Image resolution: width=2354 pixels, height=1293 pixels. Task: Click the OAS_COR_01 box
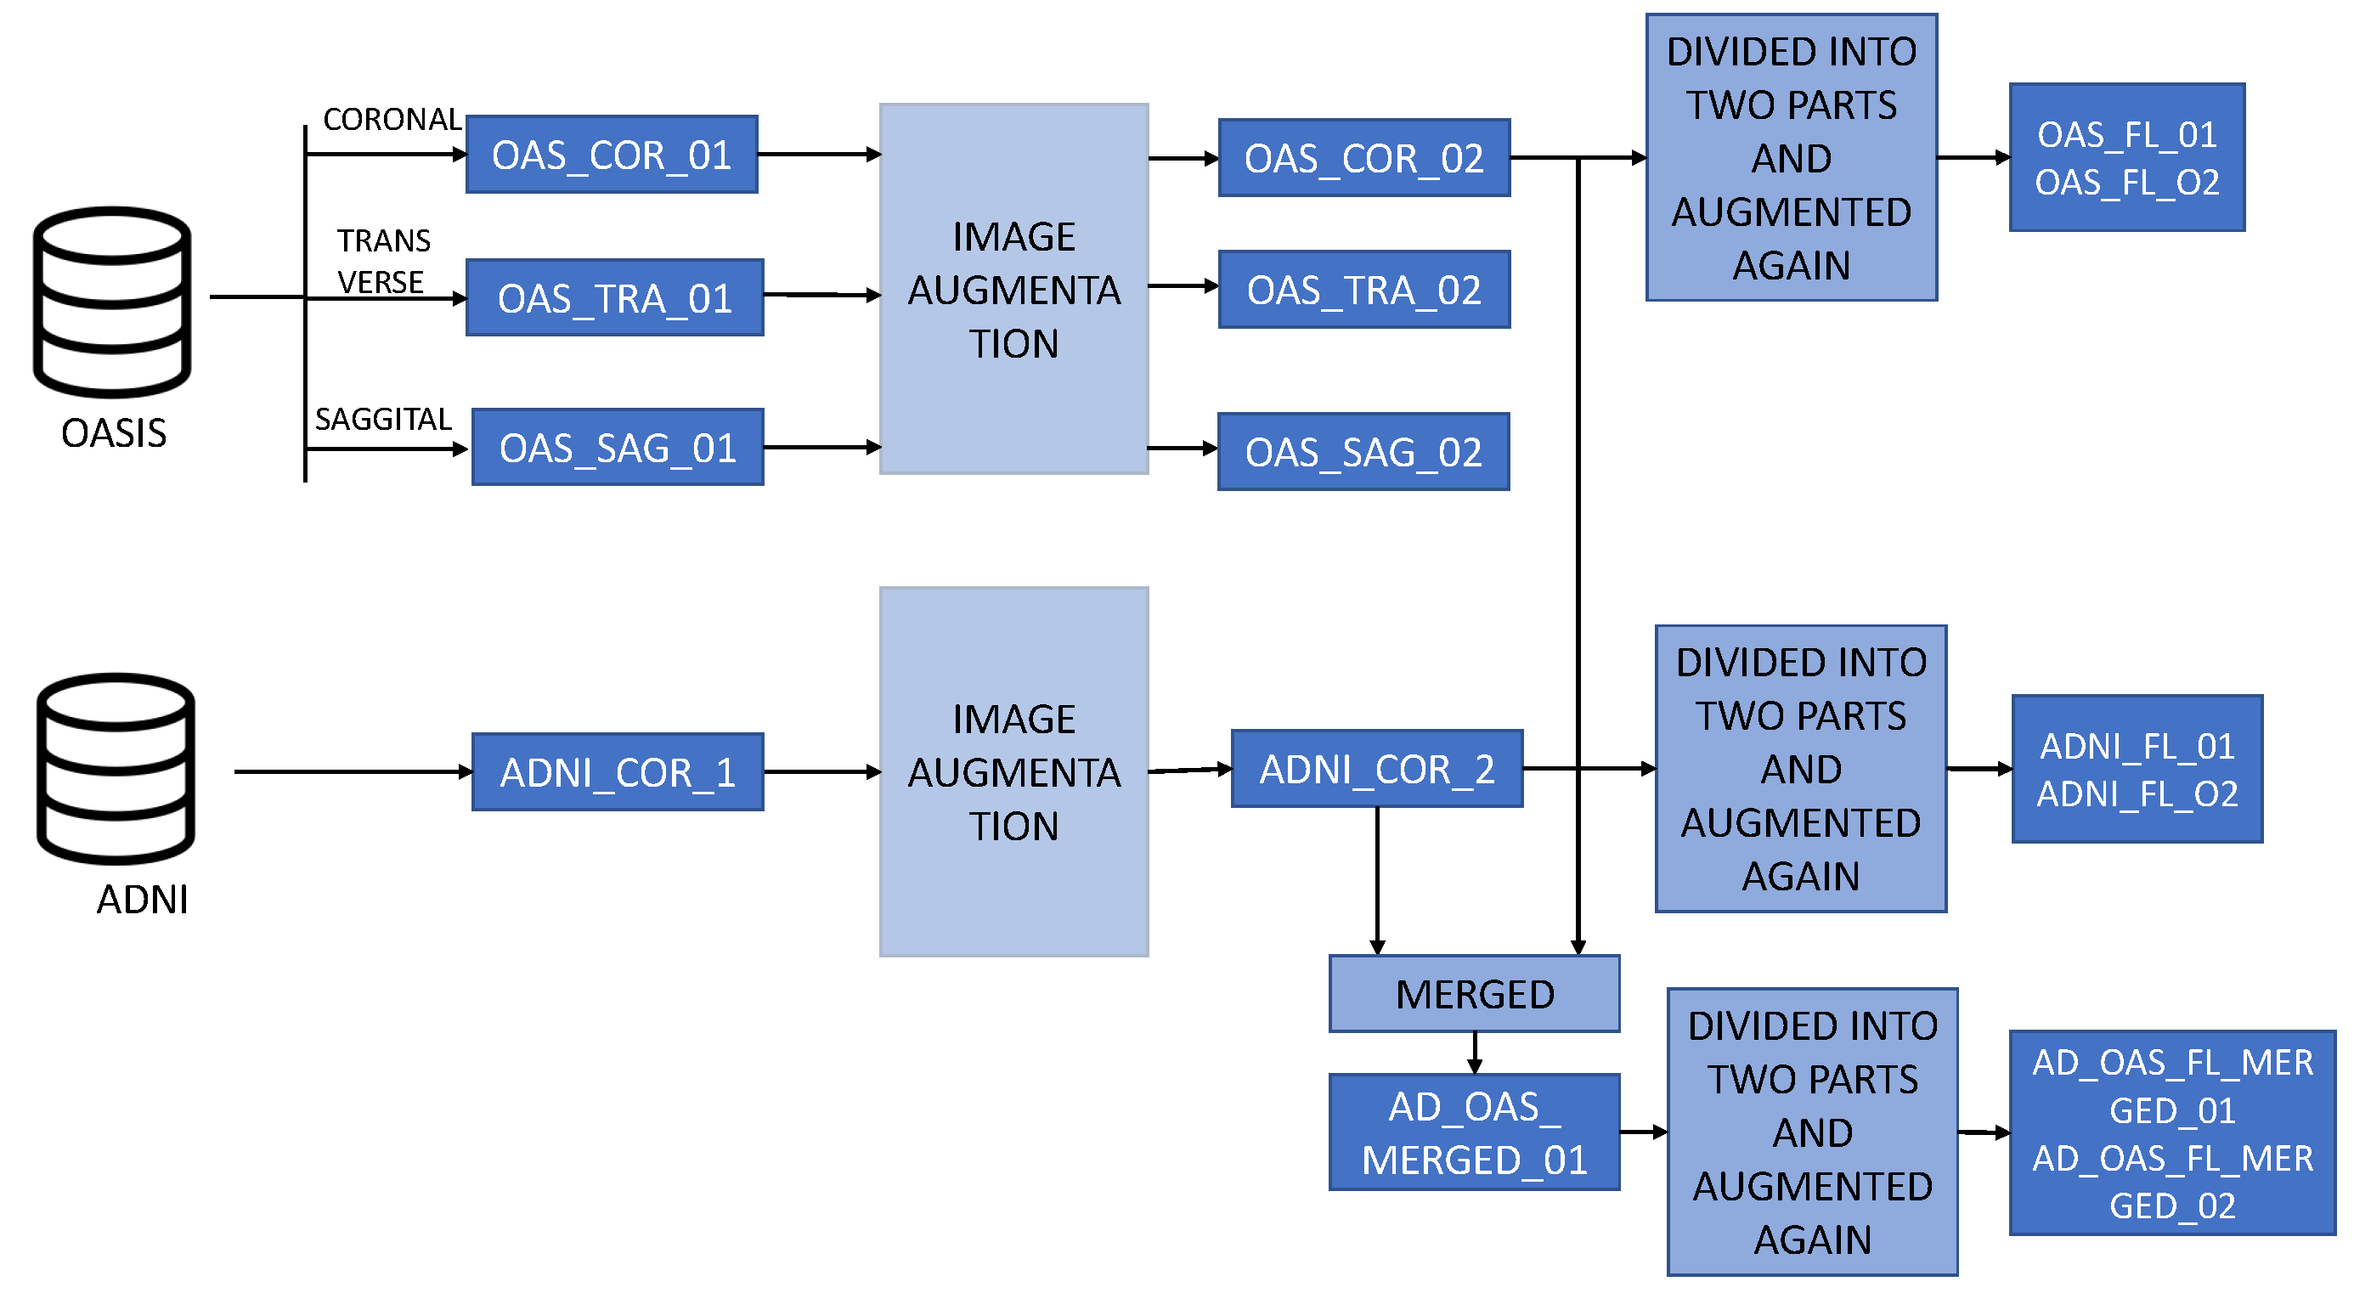pos(612,155)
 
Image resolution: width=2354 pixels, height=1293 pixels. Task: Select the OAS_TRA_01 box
pos(614,298)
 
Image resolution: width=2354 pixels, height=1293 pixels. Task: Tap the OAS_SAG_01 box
pos(617,448)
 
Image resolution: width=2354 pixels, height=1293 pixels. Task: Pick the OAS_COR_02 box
pos(1363,158)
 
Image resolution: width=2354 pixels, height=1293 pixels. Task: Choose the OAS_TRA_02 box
pos(1363,290)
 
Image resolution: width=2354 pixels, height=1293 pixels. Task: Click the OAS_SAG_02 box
pos(1363,452)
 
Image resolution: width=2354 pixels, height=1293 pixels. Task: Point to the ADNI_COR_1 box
pos(617,772)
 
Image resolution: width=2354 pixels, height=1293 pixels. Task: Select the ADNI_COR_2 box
pos(1376,769)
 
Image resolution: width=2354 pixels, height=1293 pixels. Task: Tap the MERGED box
pos(1474,994)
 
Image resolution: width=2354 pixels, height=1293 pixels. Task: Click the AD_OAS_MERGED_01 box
pos(1474,1132)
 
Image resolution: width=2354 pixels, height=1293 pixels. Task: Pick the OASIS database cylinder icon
pos(112,302)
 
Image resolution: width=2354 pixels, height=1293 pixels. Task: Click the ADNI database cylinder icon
pos(116,769)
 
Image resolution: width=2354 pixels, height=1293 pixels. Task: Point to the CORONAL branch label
pos(392,120)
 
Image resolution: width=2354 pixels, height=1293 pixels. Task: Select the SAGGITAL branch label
pos(383,420)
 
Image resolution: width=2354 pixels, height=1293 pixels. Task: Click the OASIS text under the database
pos(113,433)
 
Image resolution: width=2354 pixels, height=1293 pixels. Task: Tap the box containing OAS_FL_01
pos(2126,158)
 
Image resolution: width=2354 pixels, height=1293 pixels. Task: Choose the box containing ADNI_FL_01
pos(2137,770)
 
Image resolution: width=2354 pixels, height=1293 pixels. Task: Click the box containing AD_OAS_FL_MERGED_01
pos(2171,1133)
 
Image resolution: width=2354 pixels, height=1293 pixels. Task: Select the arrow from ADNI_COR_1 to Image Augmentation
pos(821,772)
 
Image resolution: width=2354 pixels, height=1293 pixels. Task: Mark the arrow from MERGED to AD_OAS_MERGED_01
pos(1474,1053)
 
